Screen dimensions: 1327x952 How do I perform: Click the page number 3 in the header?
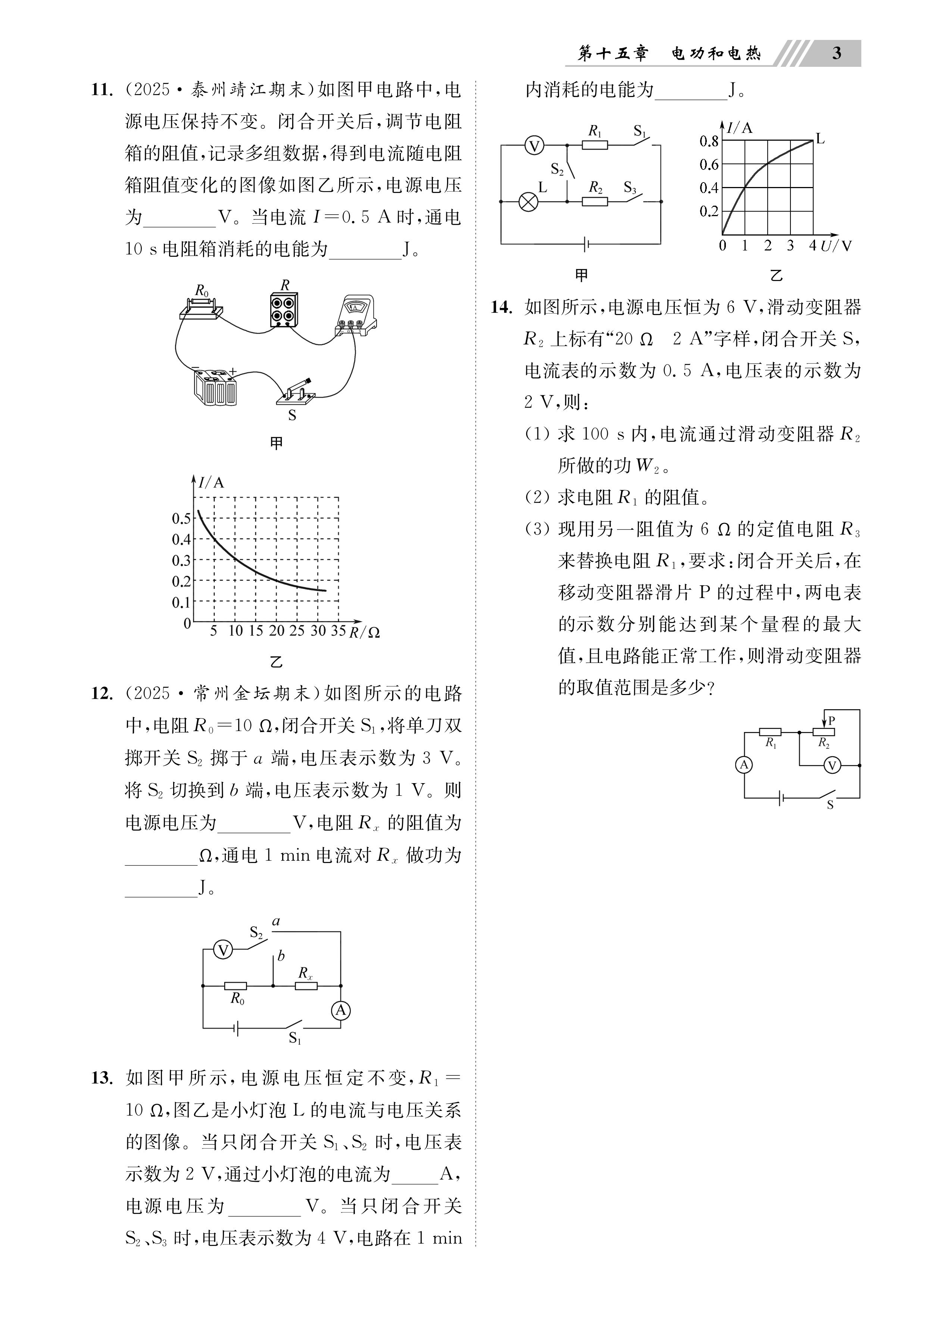coord(836,54)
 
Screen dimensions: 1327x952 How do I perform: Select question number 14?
coord(502,307)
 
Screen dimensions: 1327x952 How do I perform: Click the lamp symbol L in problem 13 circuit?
coord(528,202)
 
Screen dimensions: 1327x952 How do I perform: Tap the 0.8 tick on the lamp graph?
coord(709,141)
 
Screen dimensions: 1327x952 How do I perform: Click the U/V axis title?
coord(836,246)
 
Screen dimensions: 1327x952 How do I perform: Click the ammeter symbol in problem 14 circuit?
coord(744,765)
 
